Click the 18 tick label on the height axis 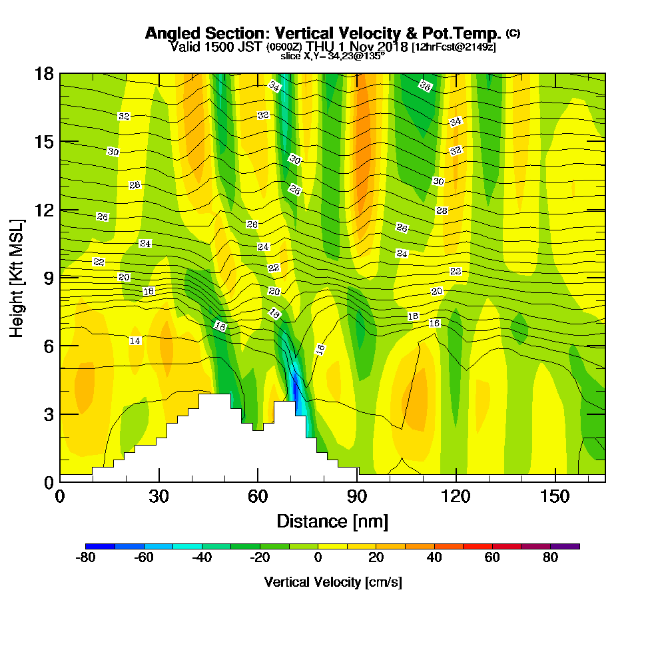[x=44, y=73]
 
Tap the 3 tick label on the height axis [x=48, y=414]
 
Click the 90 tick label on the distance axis [x=357, y=497]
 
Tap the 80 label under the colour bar [x=550, y=559]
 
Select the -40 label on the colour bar [x=202, y=559]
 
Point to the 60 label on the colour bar [x=492, y=559]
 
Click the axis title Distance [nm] [x=332, y=521]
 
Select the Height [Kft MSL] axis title [x=17, y=277]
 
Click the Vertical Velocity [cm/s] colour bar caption [x=332, y=582]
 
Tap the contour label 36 [x=425, y=85]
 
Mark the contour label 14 [x=135, y=340]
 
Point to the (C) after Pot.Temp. [x=513, y=33]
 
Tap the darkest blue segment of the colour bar [x=101, y=546]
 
